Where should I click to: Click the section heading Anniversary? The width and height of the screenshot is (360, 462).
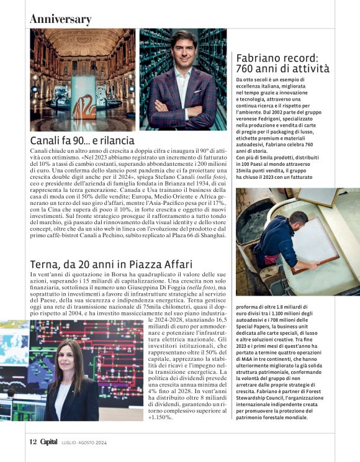61,19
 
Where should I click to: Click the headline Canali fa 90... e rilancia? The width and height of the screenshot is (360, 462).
82,141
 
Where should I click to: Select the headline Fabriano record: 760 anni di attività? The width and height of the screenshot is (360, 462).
283,63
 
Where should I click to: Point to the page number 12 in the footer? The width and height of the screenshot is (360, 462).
34,442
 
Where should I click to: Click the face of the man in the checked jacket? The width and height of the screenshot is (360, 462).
184,48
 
